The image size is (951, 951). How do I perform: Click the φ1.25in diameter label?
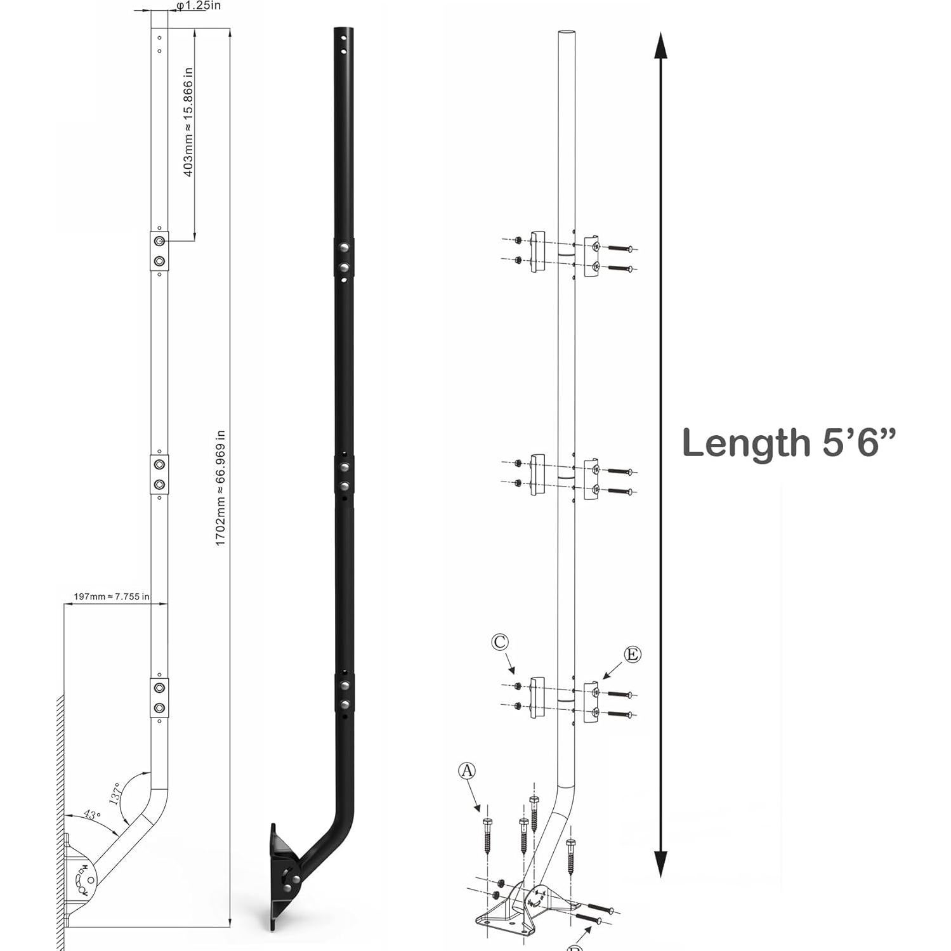point(198,6)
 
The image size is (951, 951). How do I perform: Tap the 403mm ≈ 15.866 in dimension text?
point(188,122)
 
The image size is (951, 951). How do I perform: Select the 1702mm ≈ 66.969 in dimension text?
point(220,489)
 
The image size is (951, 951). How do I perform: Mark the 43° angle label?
point(92,815)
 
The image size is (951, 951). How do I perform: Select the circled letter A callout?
point(466,771)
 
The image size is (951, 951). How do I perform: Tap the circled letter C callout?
point(500,642)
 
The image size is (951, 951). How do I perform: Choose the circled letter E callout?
point(632,654)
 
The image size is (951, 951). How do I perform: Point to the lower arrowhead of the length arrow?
point(660,863)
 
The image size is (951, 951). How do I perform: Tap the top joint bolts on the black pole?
point(343,258)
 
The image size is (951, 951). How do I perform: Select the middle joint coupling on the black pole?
point(344,476)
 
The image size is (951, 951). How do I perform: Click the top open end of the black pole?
point(343,32)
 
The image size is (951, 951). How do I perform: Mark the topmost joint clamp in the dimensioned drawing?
point(159,251)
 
